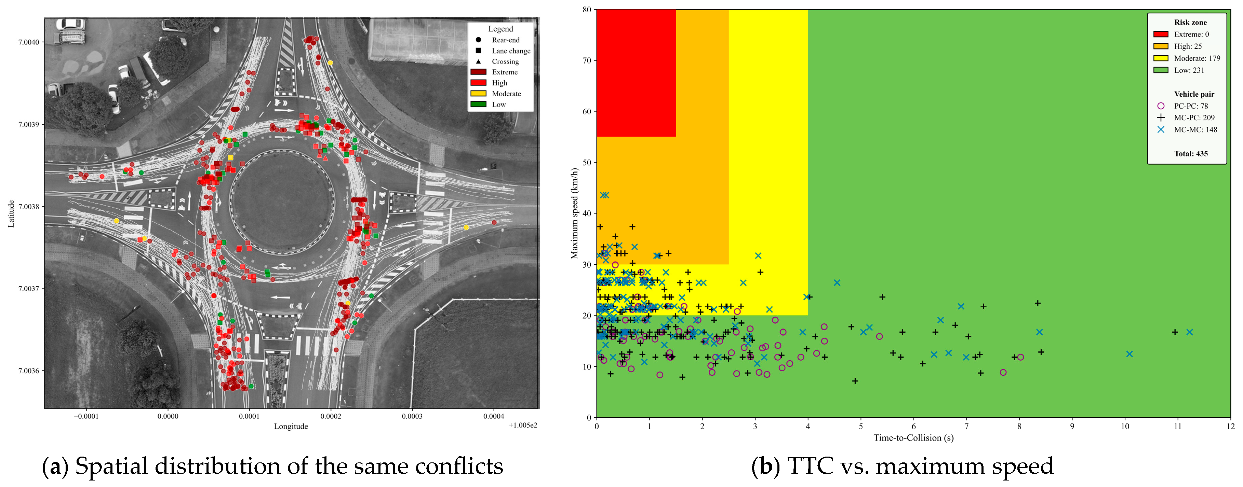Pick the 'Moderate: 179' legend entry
(x=1187, y=58)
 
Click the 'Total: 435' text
(x=1191, y=154)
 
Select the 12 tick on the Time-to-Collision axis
(x=1230, y=426)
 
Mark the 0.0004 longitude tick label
(x=494, y=416)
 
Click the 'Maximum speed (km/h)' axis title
(x=574, y=213)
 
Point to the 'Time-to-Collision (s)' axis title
(x=913, y=438)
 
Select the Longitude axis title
(x=291, y=426)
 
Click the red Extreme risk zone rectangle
(x=636, y=73)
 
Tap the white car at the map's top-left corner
(x=70, y=25)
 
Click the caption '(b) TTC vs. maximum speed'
(x=902, y=466)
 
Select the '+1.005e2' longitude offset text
(x=523, y=425)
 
